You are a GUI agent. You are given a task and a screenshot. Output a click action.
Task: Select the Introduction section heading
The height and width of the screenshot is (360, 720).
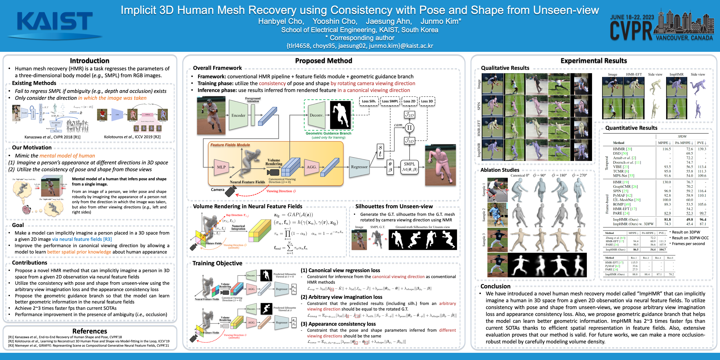click(x=89, y=61)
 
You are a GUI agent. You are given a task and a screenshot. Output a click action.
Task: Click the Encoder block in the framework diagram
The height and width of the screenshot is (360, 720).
click(x=238, y=115)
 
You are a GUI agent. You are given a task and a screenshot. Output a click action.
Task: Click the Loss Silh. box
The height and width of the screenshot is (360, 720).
click(x=369, y=101)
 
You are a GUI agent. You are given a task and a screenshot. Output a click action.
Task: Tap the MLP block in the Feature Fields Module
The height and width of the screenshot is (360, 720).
click(x=221, y=167)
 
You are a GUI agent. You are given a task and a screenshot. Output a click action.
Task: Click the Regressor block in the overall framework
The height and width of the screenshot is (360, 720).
click(x=359, y=167)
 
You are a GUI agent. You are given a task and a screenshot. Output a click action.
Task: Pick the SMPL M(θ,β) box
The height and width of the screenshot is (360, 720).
click(x=409, y=167)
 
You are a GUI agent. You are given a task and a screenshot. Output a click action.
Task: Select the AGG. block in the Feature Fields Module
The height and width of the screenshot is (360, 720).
click(x=312, y=167)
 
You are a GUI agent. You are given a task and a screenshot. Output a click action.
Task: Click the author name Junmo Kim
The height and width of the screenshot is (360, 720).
click(x=441, y=21)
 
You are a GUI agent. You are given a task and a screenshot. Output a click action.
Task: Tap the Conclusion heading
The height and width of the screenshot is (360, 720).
click(x=495, y=286)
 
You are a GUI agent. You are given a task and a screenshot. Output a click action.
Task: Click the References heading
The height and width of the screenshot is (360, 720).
click(x=89, y=331)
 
